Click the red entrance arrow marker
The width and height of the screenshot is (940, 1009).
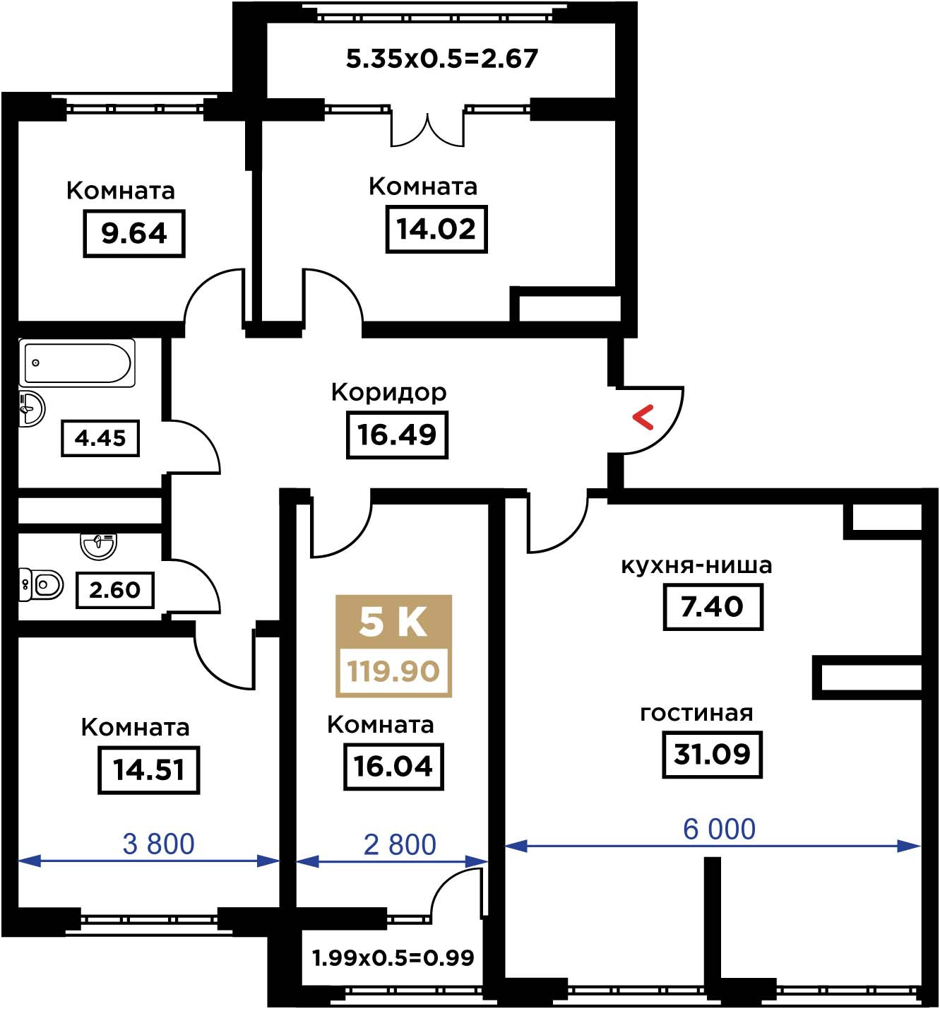pos(642,417)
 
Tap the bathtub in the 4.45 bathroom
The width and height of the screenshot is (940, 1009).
pos(77,362)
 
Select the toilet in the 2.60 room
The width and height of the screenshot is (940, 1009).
pos(41,584)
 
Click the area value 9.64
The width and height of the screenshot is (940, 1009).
pos(134,233)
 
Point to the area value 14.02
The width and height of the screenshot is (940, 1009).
pos(436,229)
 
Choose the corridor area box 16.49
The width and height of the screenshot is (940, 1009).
pos(397,435)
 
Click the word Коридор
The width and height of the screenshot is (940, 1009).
pos(389,393)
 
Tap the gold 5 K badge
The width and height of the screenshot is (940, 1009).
pos(393,646)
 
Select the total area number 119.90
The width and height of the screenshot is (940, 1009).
pos(393,671)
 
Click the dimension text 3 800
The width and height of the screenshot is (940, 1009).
pos(158,844)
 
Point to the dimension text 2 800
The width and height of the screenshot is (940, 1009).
pos(400,844)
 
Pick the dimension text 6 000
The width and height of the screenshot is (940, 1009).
pos(719,829)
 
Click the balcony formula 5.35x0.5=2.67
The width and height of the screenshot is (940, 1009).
pos(442,59)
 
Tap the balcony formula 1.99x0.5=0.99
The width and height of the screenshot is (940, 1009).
pos(393,957)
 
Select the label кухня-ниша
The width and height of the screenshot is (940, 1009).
pos(696,565)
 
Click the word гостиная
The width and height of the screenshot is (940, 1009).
pos(696,713)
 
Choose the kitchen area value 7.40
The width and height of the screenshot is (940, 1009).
pos(713,607)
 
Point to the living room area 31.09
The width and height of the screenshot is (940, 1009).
pos(712,755)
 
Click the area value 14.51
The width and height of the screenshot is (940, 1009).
pos(149,769)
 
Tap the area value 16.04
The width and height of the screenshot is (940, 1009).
pos(393,766)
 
